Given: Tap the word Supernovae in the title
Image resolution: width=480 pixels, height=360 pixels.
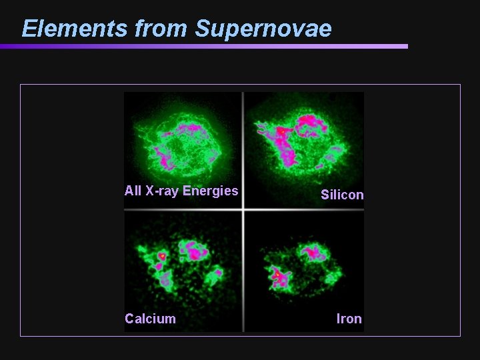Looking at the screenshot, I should pyautogui.click(x=263, y=29).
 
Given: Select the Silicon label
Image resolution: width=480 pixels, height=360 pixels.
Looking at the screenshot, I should pyautogui.click(x=342, y=195).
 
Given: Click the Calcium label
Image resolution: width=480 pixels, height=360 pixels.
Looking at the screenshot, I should pyautogui.click(x=151, y=319).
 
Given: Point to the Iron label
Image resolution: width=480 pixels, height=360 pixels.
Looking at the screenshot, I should pyautogui.click(x=349, y=319).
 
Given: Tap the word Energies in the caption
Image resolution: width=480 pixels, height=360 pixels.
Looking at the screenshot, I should pyautogui.click(x=211, y=191).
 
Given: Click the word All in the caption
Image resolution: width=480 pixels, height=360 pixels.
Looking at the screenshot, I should pyautogui.click(x=133, y=191).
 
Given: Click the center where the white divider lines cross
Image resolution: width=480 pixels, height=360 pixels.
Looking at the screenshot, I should pyautogui.click(x=243, y=210).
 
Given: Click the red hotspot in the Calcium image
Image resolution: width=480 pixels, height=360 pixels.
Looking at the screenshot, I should pyautogui.click(x=161, y=255).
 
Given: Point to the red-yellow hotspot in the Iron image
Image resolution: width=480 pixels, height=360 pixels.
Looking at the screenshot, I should pyautogui.click(x=276, y=273).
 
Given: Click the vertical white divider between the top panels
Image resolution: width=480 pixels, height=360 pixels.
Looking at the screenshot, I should pyautogui.click(x=243, y=147).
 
